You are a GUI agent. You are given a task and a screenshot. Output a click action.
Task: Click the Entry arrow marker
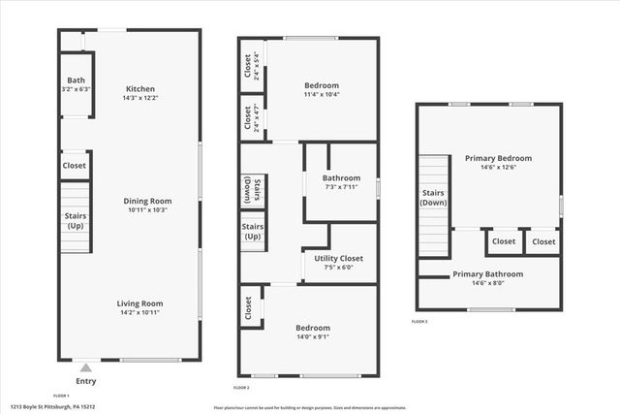click(x=85, y=367)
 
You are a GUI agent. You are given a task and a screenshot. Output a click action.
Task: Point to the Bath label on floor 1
click(x=76, y=80)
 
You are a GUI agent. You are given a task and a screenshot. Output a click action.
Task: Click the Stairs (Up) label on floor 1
click(x=76, y=220)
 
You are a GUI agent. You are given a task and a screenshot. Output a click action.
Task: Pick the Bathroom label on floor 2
click(x=341, y=177)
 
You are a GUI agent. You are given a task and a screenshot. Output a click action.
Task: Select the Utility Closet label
click(x=338, y=258)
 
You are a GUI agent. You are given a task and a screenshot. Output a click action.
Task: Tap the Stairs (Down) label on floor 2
click(x=249, y=189)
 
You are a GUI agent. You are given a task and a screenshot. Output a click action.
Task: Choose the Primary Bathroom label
click(x=488, y=274)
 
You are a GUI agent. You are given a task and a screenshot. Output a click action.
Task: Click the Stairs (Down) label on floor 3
click(x=433, y=198)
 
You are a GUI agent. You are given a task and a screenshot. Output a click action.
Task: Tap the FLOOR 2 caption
click(x=242, y=387)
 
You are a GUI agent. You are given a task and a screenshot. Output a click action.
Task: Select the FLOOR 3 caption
click(x=419, y=321)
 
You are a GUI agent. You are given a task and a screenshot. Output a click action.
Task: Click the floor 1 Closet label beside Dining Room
click(x=75, y=166)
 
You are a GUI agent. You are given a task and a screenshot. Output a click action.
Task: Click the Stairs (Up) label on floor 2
click(x=253, y=231)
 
